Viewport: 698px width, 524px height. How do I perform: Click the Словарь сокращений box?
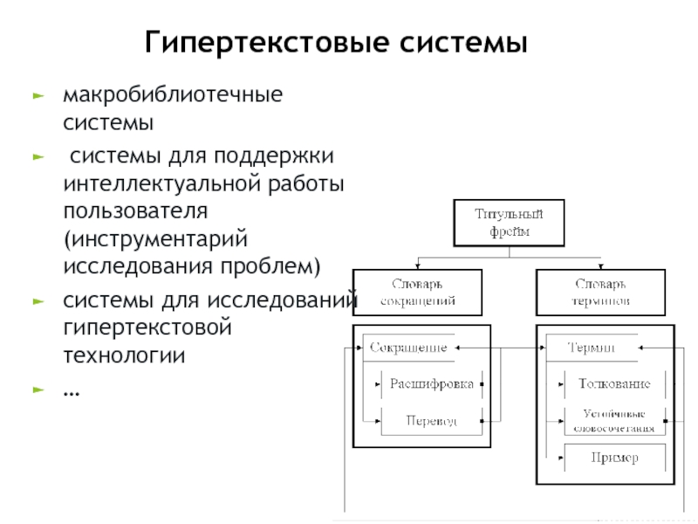[x=417, y=292]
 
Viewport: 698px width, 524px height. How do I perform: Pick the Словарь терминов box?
[x=601, y=292]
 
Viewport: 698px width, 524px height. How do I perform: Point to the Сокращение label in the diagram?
[x=408, y=348]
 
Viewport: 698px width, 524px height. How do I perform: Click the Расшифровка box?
[x=431, y=383]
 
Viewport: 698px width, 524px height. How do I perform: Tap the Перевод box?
[x=431, y=420]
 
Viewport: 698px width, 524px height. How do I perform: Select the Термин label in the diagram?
[x=591, y=348]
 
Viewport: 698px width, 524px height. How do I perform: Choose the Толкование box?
[x=613, y=383]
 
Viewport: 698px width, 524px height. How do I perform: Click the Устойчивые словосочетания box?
[x=613, y=420]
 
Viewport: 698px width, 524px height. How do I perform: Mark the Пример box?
[x=613, y=458]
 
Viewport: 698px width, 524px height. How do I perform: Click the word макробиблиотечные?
[x=173, y=93]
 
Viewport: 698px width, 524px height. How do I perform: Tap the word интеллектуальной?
[x=164, y=184]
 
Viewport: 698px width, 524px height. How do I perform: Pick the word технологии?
[x=124, y=355]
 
